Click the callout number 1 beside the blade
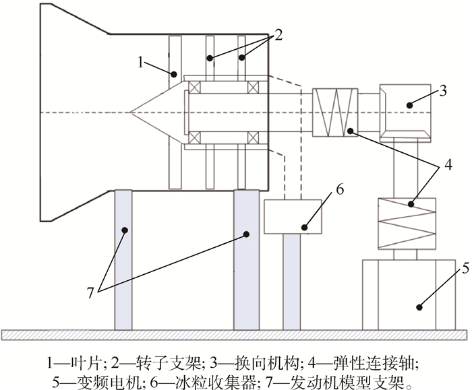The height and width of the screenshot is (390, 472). pyautogui.click(x=141, y=62)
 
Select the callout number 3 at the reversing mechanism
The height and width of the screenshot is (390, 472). pyautogui.click(x=443, y=90)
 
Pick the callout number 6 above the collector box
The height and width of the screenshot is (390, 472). pyautogui.click(x=339, y=189)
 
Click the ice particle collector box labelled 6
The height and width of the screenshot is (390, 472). pyautogui.click(x=293, y=216)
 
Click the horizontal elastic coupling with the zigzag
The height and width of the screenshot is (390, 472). pyautogui.click(x=334, y=112)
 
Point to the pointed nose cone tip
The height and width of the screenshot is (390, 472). pyautogui.click(x=133, y=112)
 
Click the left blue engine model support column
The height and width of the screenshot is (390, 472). pyautogui.click(x=123, y=259)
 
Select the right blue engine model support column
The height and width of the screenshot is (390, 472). pyautogui.click(x=246, y=259)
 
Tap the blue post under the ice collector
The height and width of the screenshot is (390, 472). pyautogui.click(x=291, y=282)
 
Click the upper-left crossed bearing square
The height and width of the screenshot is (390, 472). pyautogui.click(x=194, y=87)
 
